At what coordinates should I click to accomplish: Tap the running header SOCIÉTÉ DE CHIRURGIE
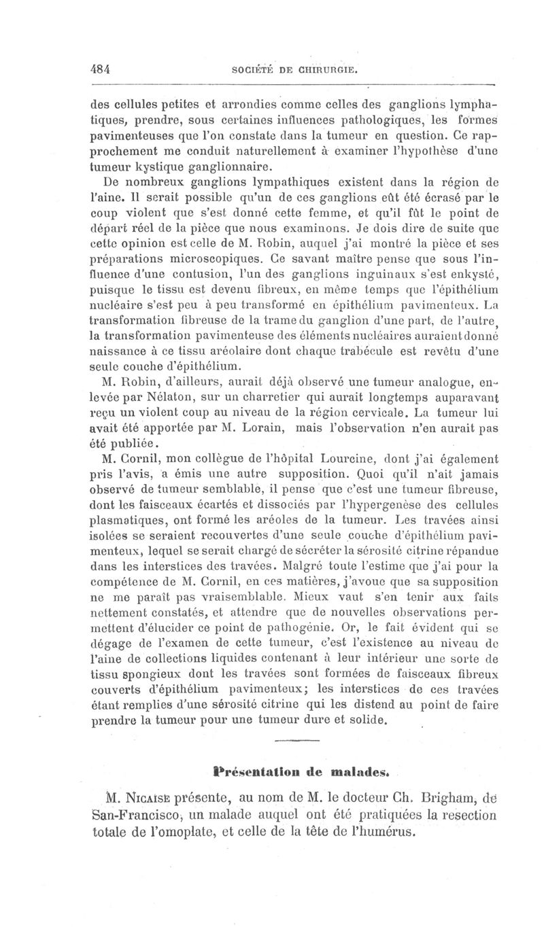pos(294,69)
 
